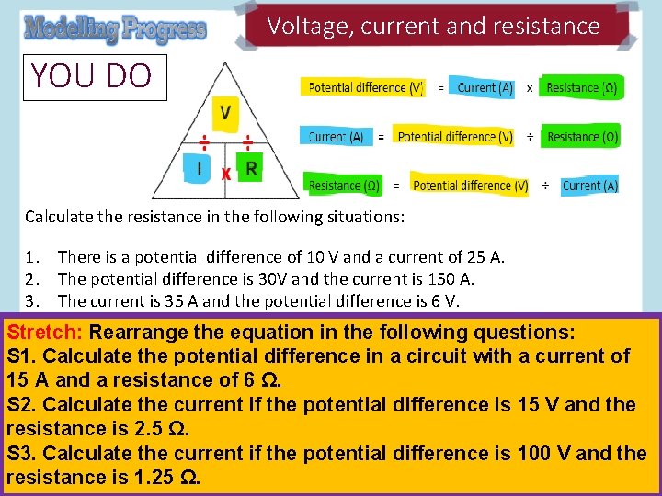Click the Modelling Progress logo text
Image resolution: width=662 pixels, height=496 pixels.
[x=115, y=29]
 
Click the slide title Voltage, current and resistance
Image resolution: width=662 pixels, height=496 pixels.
[x=433, y=27]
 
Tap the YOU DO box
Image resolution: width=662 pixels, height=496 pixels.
[x=91, y=75]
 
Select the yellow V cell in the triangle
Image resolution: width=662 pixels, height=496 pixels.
[x=225, y=114]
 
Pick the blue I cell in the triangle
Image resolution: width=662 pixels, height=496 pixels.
[x=200, y=168]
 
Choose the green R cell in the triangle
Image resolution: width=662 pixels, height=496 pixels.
[x=251, y=168]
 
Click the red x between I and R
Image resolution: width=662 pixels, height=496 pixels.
[x=225, y=172]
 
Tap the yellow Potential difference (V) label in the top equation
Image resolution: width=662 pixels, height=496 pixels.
[x=365, y=87]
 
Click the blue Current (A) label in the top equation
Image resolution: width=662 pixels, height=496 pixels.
[x=485, y=87]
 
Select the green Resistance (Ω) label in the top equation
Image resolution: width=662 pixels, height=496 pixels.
[x=581, y=87]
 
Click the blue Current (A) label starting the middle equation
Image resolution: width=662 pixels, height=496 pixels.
[x=336, y=137]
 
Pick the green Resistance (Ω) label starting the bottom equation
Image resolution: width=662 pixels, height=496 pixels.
[x=344, y=186]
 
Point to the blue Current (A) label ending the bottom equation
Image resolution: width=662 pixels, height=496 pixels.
[x=589, y=186]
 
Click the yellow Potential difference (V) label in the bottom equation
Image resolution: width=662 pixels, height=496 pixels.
[x=470, y=186]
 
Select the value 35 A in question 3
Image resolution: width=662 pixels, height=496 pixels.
[x=174, y=300]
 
